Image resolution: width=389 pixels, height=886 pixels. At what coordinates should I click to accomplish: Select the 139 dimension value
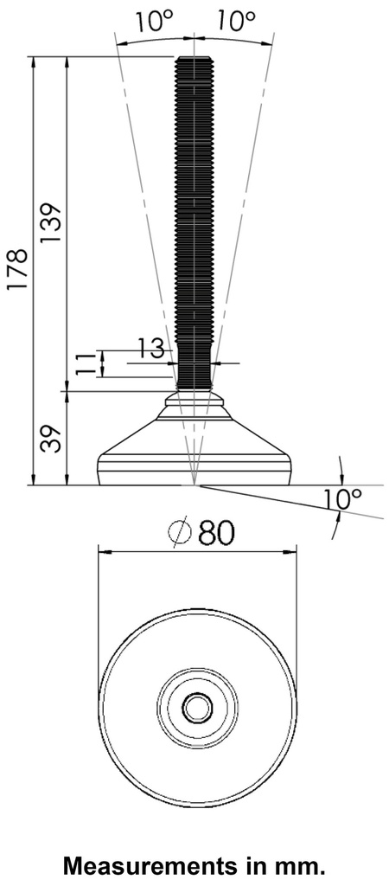tap(50, 223)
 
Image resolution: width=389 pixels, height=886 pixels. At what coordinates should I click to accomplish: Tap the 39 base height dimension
tap(50, 439)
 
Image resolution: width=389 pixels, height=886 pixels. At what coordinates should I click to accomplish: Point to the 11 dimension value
tap(84, 363)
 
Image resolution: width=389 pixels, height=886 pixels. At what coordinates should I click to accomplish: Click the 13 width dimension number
tap(150, 349)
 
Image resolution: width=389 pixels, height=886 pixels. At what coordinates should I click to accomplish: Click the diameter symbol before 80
tap(179, 534)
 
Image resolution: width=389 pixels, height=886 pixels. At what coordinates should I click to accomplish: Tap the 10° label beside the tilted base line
tap(341, 499)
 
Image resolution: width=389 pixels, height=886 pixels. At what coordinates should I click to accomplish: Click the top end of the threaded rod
tap(194, 59)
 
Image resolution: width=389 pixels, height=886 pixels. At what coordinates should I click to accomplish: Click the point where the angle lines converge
tap(195, 485)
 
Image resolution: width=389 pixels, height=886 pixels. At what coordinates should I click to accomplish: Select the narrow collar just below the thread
tap(194, 400)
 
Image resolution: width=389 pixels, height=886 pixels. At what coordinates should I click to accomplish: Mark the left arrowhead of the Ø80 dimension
tap(102, 550)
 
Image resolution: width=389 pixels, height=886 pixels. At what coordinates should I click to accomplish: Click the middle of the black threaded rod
tap(194, 221)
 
